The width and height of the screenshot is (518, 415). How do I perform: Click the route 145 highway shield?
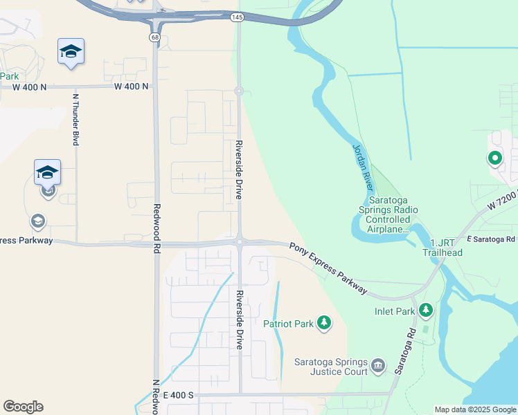pyautogui.click(x=238, y=16)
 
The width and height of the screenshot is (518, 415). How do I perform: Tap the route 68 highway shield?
pyautogui.click(x=154, y=36)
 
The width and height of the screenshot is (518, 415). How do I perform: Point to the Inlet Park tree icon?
pyautogui.click(x=427, y=311)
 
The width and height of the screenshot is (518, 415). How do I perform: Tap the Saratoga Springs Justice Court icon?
pyautogui.click(x=377, y=365)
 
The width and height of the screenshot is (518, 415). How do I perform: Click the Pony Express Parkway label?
pyautogui.click(x=328, y=268)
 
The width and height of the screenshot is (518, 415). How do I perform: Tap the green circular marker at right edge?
pyautogui.click(x=494, y=159)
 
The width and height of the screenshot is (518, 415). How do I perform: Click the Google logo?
pyautogui.click(x=23, y=407)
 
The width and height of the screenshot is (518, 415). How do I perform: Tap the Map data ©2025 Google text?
pyautogui.click(x=474, y=409)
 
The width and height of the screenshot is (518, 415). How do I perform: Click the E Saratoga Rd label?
pyautogui.click(x=491, y=239)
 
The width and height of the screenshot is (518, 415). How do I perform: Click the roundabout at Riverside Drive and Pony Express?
pyautogui.click(x=240, y=241)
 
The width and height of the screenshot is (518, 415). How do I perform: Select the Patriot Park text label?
pyautogui.click(x=287, y=322)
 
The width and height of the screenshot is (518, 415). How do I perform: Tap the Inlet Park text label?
pyautogui.click(x=395, y=311)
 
